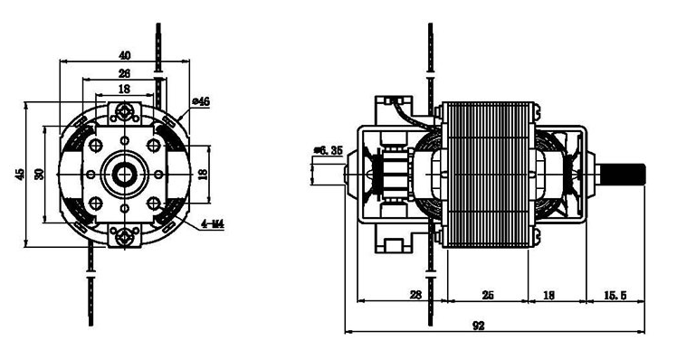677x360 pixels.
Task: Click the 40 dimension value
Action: click(x=124, y=56)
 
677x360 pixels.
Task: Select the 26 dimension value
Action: click(x=124, y=73)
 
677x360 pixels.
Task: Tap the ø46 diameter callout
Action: click(x=201, y=101)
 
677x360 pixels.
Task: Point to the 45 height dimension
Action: click(x=20, y=174)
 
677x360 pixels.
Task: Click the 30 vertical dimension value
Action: click(x=39, y=174)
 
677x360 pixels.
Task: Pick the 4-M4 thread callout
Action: click(x=213, y=224)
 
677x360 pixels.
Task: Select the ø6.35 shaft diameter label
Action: click(x=329, y=151)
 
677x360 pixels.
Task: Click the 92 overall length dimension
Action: click(x=479, y=326)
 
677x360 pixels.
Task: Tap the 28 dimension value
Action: click(x=415, y=295)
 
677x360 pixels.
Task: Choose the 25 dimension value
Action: click(x=488, y=295)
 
